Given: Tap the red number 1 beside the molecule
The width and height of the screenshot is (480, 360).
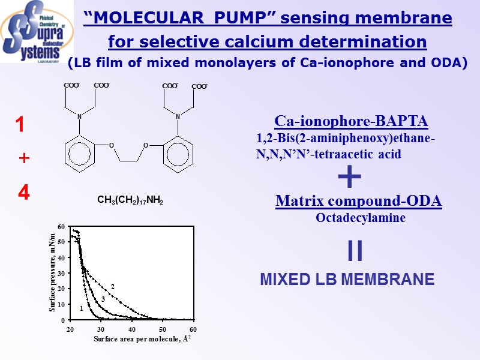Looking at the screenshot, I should (x=20, y=125).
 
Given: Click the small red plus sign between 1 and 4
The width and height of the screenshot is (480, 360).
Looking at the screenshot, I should (x=24, y=158).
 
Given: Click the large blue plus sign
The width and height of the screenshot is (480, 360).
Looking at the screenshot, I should (x=350, y=178).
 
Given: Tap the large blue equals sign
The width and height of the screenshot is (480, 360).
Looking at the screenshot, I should (x=355, y=251).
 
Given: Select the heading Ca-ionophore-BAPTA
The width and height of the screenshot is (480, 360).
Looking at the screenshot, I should (x=351, y=122).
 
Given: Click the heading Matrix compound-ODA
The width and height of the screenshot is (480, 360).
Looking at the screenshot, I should (x=358, y=202).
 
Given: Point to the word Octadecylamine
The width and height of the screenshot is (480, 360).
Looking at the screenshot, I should (x=361, y=218).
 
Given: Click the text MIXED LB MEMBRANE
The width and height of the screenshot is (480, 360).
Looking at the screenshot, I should (x=347, y=280).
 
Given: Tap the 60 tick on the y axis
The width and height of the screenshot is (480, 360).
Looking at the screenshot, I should (x=62, y=226).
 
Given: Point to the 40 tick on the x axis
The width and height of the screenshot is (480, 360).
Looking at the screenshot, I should (x=131, y=329).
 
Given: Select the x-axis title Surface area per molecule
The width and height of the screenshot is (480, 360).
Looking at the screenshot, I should (x=142, y=340).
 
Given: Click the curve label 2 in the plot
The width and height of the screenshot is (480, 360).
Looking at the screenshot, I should (x=112, y=287).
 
